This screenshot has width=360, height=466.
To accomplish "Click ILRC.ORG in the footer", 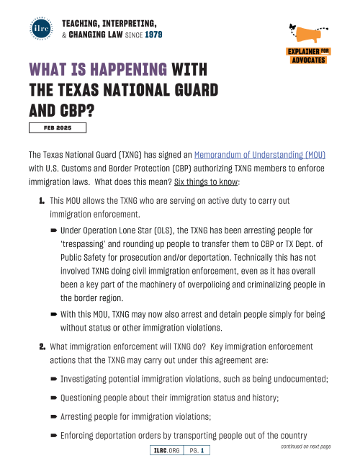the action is click(x=166, y=451).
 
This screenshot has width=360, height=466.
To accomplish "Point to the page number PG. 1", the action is click(x=197, y=451).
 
